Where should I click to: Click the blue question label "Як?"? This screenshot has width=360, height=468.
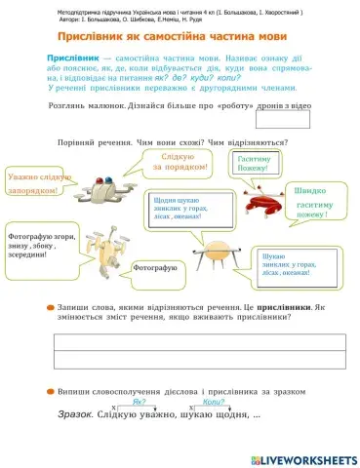pos(140,401)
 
